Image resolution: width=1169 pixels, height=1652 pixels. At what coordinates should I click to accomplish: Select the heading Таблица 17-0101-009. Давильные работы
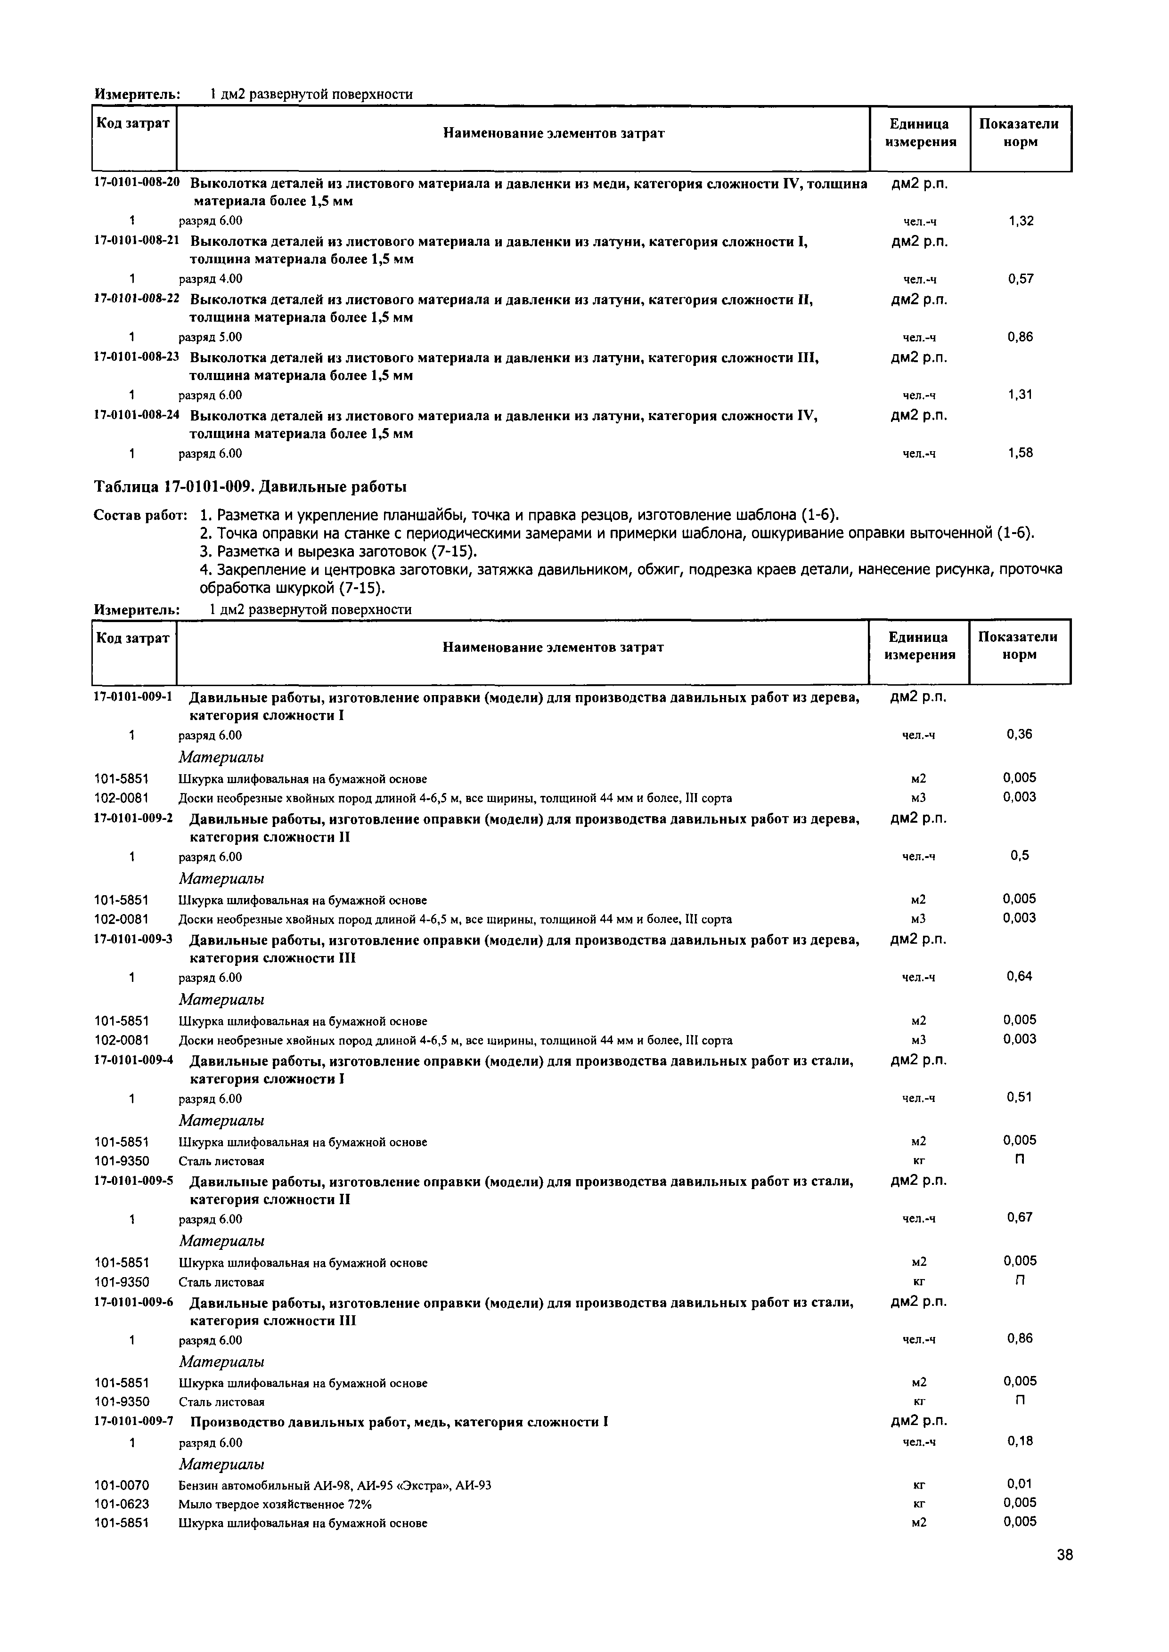click(x=251, y=487)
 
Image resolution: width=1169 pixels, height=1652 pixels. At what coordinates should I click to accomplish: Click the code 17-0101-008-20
click(x=137, y=182)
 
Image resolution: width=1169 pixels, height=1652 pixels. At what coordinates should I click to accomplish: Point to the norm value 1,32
click(x=1021, y=221)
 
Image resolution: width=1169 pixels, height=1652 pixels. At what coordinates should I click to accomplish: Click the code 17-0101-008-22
click(x=137, y=299)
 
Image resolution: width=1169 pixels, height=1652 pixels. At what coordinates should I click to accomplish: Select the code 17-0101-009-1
click(x=134, y=696)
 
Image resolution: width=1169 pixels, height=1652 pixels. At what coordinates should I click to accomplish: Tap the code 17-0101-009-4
click(x=134, y=1060)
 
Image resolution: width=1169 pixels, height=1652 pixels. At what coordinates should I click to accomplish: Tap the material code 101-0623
click(x=122, y=1504)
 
